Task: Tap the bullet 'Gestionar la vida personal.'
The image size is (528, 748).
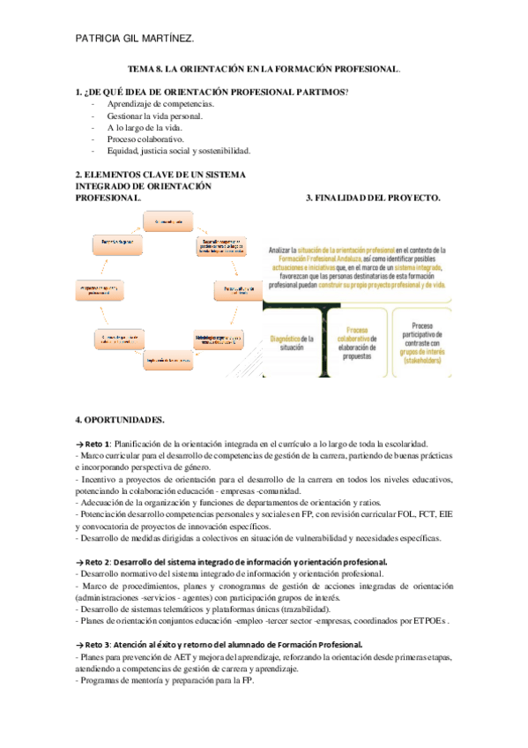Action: click(x=155, y=116)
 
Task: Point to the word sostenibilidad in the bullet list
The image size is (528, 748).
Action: click(x=221, y=150)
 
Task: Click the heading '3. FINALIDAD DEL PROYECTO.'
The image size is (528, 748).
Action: click(x=373, y=198)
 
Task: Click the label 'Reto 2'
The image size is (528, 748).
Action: click(x=98, y=562)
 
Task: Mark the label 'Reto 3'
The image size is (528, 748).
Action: click(x=98, y=645)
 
